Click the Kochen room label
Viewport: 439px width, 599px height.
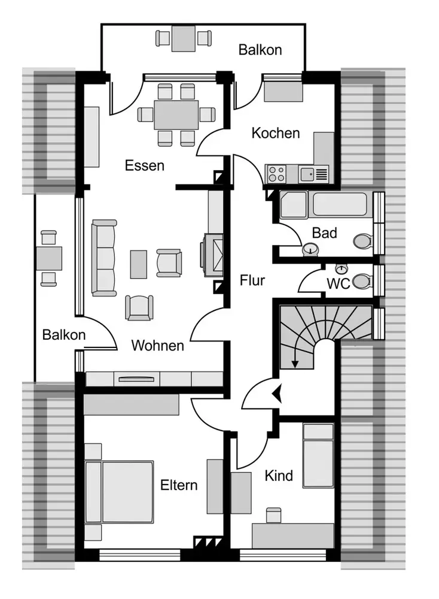click(x=275, y=134)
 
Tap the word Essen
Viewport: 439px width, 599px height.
click(x=145, y=165)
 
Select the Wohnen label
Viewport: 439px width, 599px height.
click(x=157, y=346)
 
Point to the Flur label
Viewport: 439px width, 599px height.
click(x=252, y=280)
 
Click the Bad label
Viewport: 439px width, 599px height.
click(x=324, y=232)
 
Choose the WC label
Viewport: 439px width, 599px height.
click(x=338, y=284)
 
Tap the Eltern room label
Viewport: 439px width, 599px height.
click(x=179, y=485)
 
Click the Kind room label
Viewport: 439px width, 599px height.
click(x=279, y=476)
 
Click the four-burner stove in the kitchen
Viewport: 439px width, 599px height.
click(x=276, y=174)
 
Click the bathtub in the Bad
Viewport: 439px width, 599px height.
click(x=340, y=204)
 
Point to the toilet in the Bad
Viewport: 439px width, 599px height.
click(x=362, y=241)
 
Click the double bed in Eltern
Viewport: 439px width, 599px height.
click(x=120, y=492)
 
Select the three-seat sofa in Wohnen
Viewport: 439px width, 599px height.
click(x=104, y=258)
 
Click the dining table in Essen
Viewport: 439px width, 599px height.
click(x=176, y=114)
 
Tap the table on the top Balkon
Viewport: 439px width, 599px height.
click(x=184, y=38)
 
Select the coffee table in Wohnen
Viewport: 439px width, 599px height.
click(x=138, y=264)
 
